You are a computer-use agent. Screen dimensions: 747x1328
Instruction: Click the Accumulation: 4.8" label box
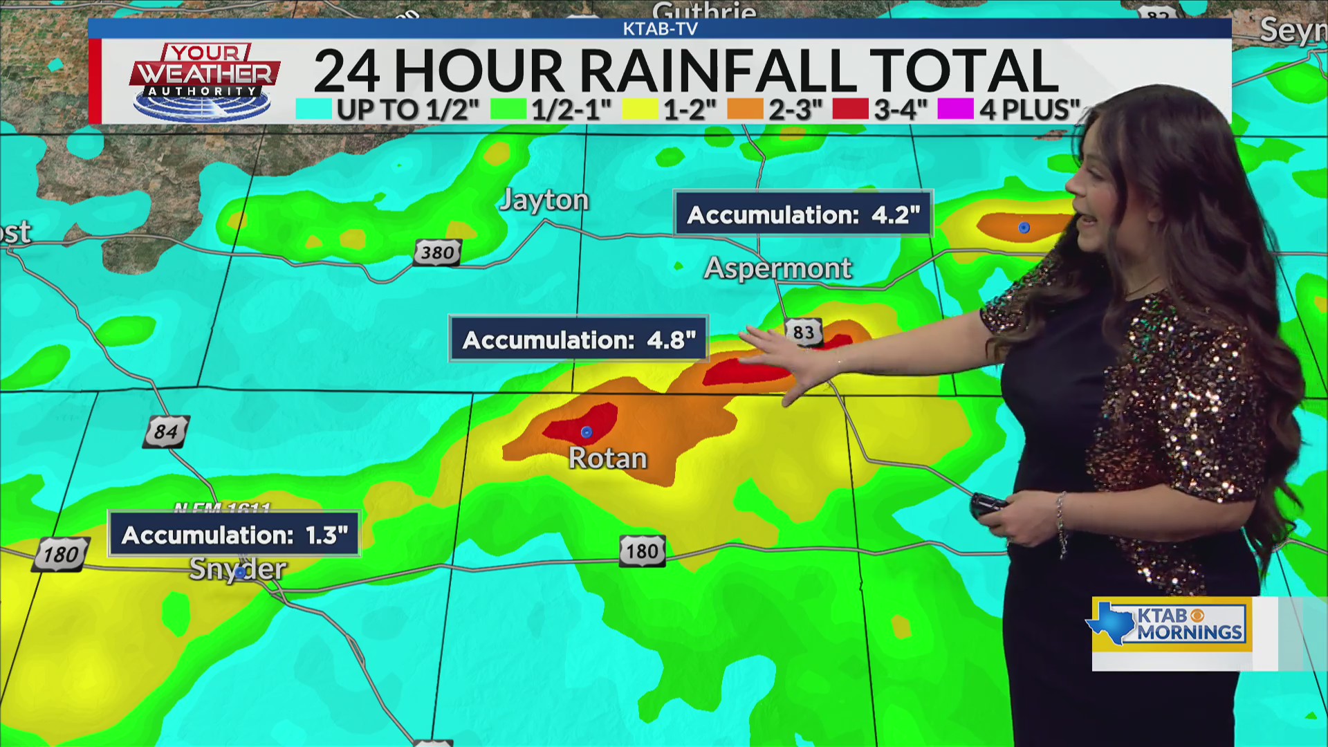tap(579, 340)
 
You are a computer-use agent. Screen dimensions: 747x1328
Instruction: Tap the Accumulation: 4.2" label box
tap(803, 214)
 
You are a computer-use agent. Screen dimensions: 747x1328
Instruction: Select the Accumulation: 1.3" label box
tap(234, 535)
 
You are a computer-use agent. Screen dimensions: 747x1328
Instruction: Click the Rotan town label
tap(608, 459)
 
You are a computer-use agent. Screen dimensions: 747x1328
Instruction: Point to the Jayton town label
tap(544, 200)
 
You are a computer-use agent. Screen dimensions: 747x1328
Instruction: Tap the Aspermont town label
tap(777, 268)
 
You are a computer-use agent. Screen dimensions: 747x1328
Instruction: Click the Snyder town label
tap(237, 569)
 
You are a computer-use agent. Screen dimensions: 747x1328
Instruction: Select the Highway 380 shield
tap(437, 252)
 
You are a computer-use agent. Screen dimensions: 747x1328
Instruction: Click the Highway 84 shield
tap(166, 432)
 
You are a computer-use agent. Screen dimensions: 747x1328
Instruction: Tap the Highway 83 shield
tap(803, 332)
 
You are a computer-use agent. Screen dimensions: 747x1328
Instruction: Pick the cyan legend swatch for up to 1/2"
tap(313, 109)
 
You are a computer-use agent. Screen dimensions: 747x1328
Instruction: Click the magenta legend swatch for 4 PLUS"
tap(955, 109)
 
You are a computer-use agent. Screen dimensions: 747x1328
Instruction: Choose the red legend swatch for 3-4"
tap(850, 109)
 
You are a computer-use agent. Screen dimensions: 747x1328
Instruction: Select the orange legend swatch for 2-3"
tap(745, 109)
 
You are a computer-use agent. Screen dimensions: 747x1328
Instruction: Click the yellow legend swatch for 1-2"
tap(640, 109)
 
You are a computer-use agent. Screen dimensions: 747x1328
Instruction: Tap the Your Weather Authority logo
tap(205, 81)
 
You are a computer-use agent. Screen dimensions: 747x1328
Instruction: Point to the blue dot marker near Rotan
tap(587, 432)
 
